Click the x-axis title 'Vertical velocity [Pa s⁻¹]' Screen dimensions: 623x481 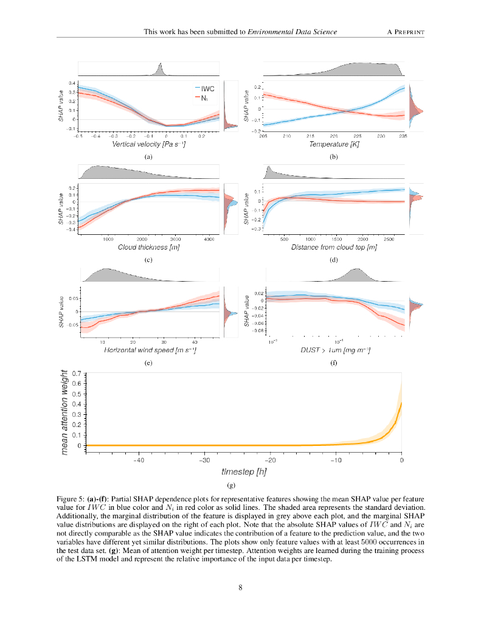149,145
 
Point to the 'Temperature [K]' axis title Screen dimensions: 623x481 334,145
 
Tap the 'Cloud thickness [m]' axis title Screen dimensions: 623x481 148,248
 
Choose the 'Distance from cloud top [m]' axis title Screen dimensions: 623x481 334,248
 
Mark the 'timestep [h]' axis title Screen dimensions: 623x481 243,472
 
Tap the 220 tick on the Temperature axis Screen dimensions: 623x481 334,136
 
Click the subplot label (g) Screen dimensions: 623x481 231,486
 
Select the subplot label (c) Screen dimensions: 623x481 148,260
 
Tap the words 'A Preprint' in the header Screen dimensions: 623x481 405,31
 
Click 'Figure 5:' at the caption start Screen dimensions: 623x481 72,498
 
